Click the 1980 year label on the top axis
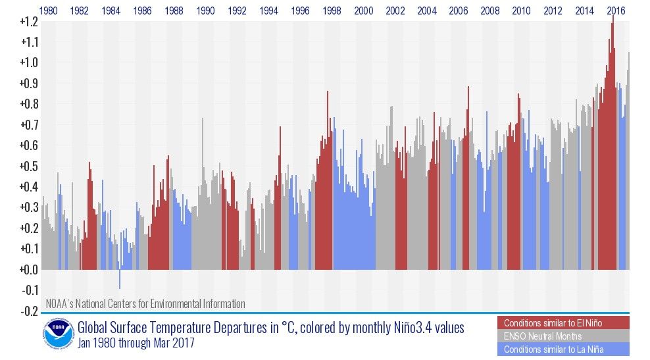(48, 11)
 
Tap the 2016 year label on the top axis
(616, 11)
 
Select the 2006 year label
(458, 11)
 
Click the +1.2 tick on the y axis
(28, 22)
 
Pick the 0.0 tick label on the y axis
(28, 269)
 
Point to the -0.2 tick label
(28, 311)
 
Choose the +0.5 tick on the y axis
(28, 166)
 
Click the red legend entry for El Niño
(563, 322)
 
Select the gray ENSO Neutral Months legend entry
(563, 336)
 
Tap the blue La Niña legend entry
(563, 349)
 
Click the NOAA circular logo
(59, 335)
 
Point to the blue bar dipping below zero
(119, 279)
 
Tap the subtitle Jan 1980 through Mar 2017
(136, 343)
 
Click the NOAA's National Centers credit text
(145, 303)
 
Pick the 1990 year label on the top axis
(206, 11)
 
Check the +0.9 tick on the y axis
(28, 84)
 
